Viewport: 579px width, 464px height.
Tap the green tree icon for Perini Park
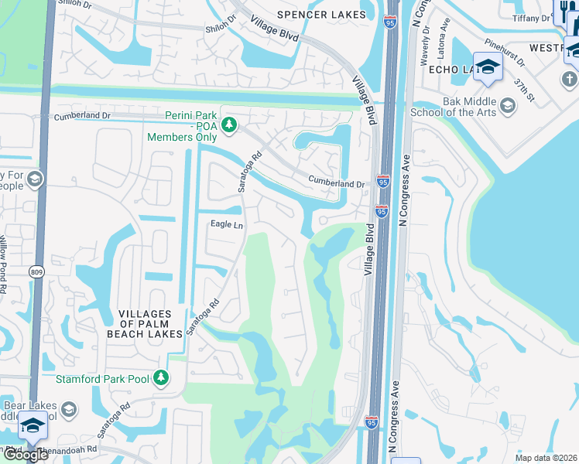click(x=228, y=125)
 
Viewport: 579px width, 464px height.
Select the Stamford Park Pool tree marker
click(x=161, y=378)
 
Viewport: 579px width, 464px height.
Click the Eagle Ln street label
click(x=228, y=224)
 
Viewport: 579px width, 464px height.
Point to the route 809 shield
click(x=37, y=272)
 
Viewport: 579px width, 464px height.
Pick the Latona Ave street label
click(x=445, y=35)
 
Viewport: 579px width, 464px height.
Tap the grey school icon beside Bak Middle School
click(x=508, y=105)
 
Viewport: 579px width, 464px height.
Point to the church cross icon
click(x=569, y=79)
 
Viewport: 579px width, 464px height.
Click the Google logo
click(x=25, y=455)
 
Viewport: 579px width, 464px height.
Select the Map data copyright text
click(x=546, y=458)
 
